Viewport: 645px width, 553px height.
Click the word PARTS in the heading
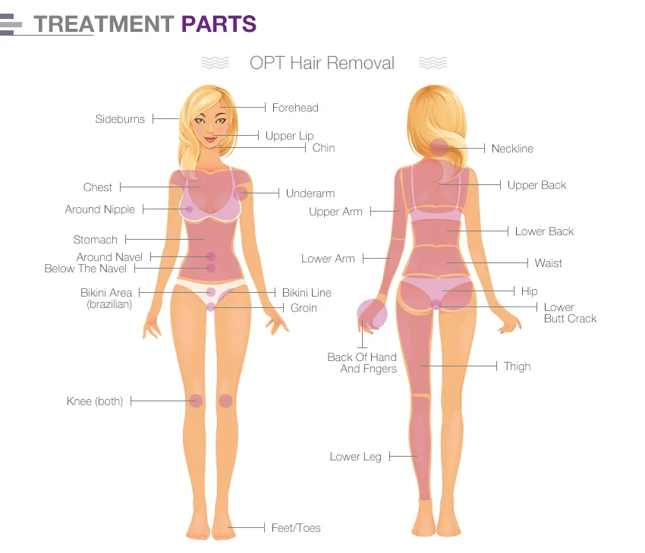point(219,24)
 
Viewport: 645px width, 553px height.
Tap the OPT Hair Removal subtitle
point(322,63)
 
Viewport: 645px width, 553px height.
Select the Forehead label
point(295,108)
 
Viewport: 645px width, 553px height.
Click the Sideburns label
point(120,119)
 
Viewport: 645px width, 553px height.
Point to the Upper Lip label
point(290,136)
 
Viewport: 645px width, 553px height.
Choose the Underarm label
point(310,193)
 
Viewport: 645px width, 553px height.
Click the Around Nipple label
point(100,209)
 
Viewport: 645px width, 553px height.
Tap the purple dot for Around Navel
point(211,256)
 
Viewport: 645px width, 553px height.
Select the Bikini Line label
point(307,293)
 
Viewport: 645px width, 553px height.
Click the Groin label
point(304,308)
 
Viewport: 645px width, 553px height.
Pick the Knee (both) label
point(95,401)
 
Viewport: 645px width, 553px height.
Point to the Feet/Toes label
point(296,528)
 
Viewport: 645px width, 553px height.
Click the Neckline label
point(512,149)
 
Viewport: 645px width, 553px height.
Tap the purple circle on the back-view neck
point(439,148)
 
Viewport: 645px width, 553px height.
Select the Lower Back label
point(544,231)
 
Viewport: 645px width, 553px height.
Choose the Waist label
point(549,263)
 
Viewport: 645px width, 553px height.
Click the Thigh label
point(517,366)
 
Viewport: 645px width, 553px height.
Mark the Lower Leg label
point(355,457)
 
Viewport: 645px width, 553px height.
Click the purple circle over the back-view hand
point(373,314)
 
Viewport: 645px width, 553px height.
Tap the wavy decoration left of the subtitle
point(216,63)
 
